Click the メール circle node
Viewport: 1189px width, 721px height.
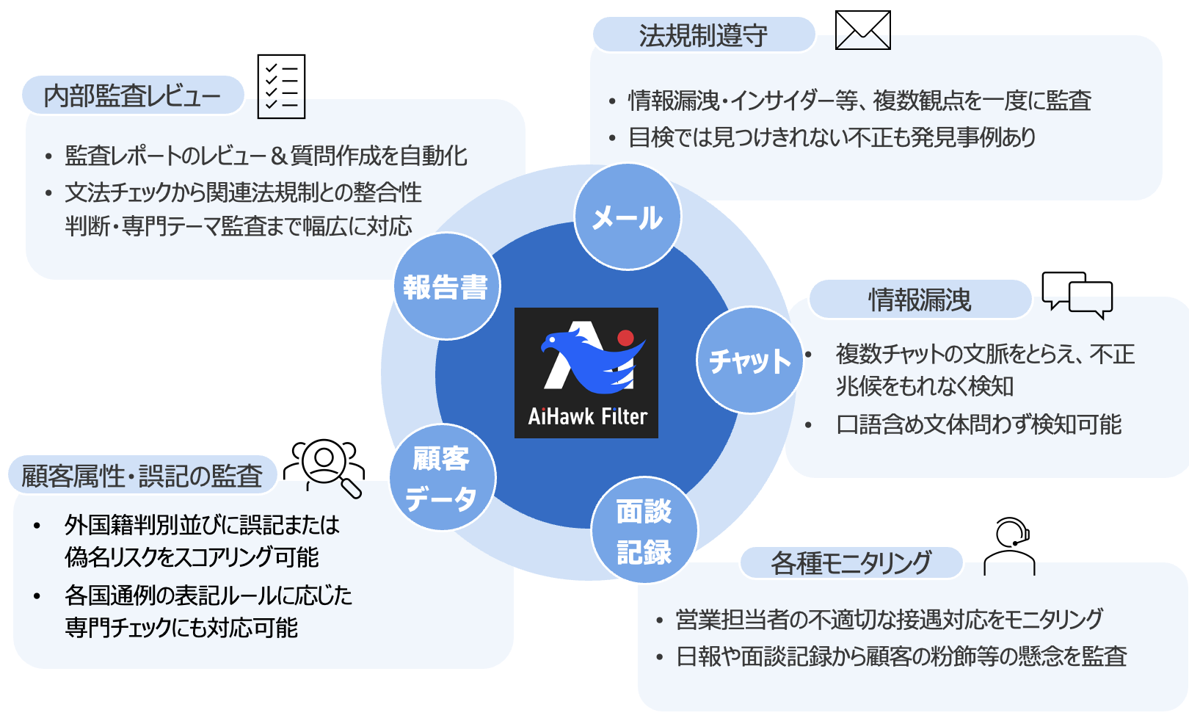coord(628,217)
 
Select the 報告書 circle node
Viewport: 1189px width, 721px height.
coord(446,286)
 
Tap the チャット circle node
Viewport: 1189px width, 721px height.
coord(749,360)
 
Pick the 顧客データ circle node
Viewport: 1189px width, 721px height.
coord(442,478)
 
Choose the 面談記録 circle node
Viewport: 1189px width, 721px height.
coord(644,531)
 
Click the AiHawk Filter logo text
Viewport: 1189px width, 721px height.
coord(587,417)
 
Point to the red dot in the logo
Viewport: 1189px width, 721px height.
coord(625,338)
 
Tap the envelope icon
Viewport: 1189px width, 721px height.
coord(862,31)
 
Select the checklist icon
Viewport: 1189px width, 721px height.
coord(281,86)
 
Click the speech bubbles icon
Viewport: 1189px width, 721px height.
coord(1077,294)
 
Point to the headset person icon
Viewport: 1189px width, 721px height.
coord(1010,546)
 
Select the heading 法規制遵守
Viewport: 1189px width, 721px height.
coord(703,35)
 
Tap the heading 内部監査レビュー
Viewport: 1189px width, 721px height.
coord(132,95)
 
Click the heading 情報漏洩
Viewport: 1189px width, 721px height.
coord(920,300)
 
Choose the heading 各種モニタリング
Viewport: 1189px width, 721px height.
coord(851,563)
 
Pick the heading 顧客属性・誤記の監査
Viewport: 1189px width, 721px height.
coord(142,476)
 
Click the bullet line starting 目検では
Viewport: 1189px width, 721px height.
coord(832,137)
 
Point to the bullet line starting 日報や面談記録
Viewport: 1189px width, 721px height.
coord(901,656)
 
